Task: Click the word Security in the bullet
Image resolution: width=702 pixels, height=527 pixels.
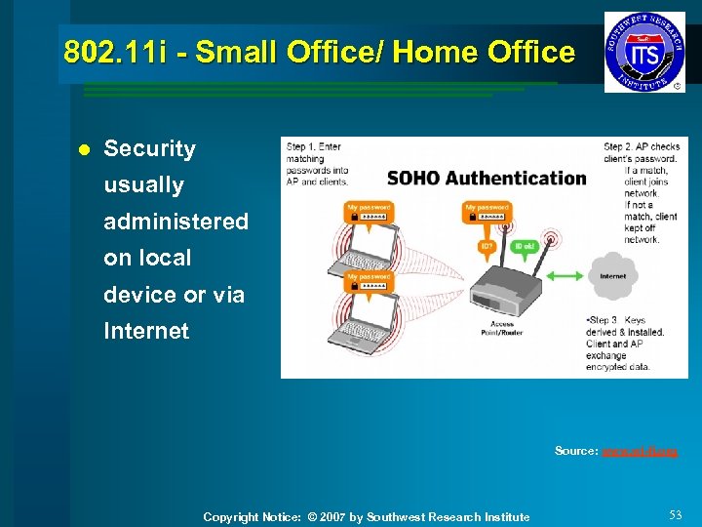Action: pos(149,148)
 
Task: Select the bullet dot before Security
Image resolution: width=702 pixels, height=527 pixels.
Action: pos(83,150)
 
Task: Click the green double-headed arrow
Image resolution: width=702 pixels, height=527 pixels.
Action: pos(563,276)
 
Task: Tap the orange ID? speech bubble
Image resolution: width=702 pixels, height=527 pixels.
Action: pos(487,246)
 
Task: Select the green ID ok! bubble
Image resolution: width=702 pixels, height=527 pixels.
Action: pos(524,245)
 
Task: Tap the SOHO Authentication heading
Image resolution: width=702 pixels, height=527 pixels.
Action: pos(487,178)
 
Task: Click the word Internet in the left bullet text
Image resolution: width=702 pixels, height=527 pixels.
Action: pos(146,331)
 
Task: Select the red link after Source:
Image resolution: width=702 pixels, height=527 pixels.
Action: pos(640,451)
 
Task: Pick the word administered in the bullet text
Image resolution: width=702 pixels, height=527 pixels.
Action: pos(175,222)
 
